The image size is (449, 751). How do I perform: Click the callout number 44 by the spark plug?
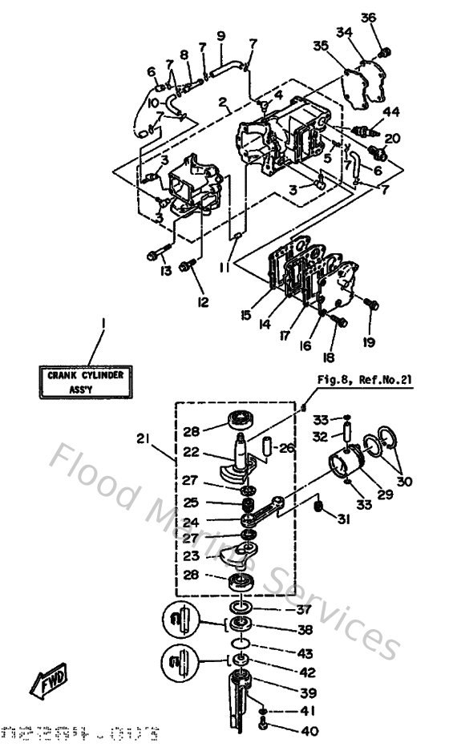click(x=390, y=111)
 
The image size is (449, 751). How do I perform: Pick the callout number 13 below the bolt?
click(x=164, y=272)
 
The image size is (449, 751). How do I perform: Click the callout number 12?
click(x=202, y=301)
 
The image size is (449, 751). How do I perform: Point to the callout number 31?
click(x=345, y=519)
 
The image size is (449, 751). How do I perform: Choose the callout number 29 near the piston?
click(x=385, y=495)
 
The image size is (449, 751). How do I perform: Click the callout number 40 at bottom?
click(x=307, y=730)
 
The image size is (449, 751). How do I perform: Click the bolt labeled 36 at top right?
click(x=383, y=54)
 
